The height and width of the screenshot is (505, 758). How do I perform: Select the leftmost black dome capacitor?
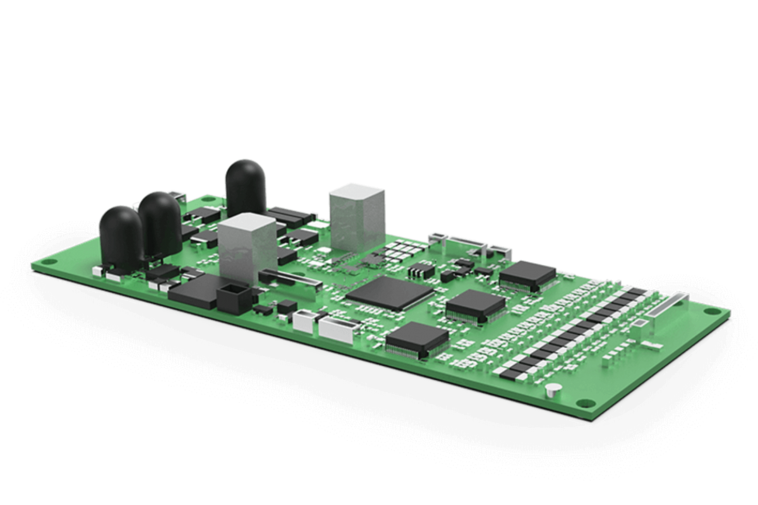pyautogui.click(x=120, y=234)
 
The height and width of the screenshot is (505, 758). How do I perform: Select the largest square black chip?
pyautogui.click(x=390, y=294)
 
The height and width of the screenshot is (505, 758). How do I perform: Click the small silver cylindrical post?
pyautogui.click(x=553, y=389)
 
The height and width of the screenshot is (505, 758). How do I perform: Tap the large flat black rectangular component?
pyautogui.click(x=193, y=290)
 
